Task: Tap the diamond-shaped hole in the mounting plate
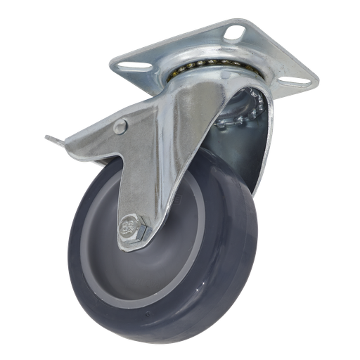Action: point(233,33)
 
